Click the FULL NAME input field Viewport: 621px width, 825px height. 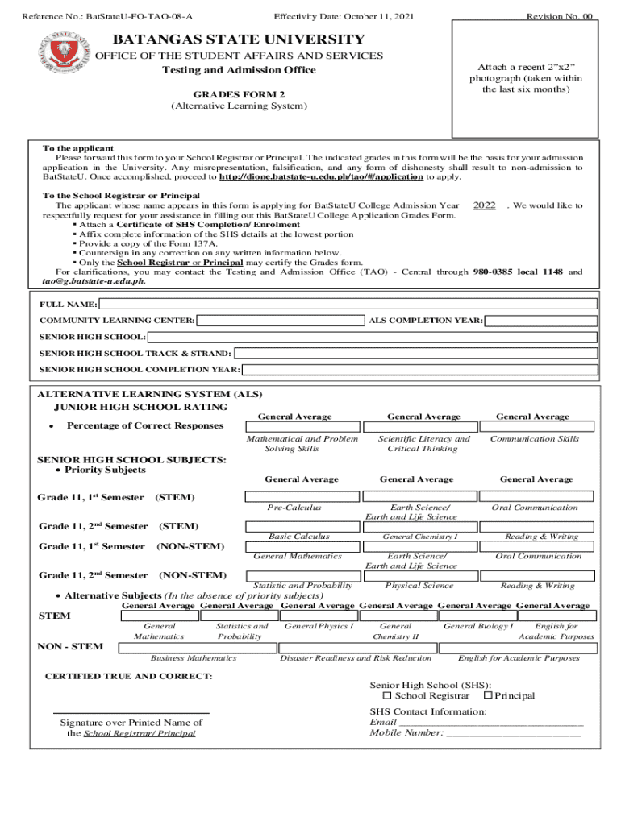(x=348, y=304)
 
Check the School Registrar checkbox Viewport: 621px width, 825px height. (x=387, y=695)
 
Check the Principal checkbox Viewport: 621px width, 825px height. (x=488, y=695)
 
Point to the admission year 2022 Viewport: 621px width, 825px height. (x=484, y=205)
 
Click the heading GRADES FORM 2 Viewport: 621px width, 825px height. (x=227, y=93)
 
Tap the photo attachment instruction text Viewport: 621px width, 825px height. (x=525, y=77)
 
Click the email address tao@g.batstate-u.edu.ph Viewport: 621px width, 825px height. (x=94, y=281)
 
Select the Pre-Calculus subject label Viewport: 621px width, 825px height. (x=294, y=508)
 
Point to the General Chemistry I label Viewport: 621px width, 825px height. (x=420, y=537)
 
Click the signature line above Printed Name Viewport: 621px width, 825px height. (x=131, y=713)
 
